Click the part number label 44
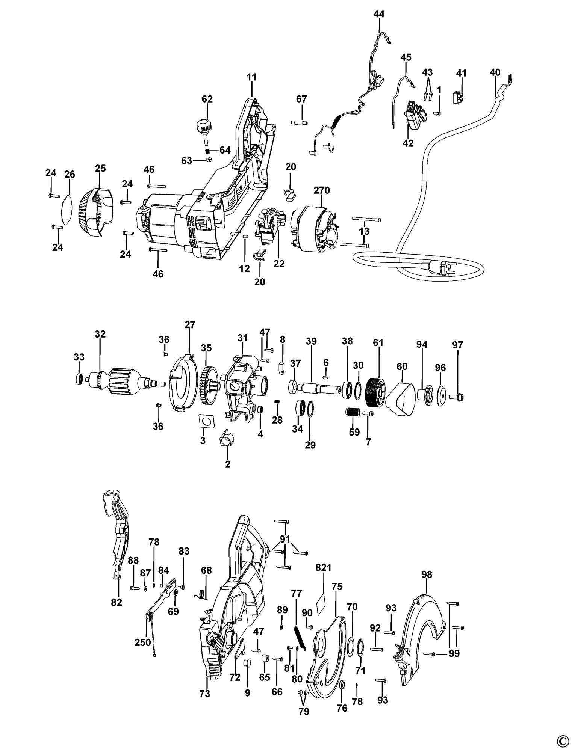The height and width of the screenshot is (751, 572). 379,14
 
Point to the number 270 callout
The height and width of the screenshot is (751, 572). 322,190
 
